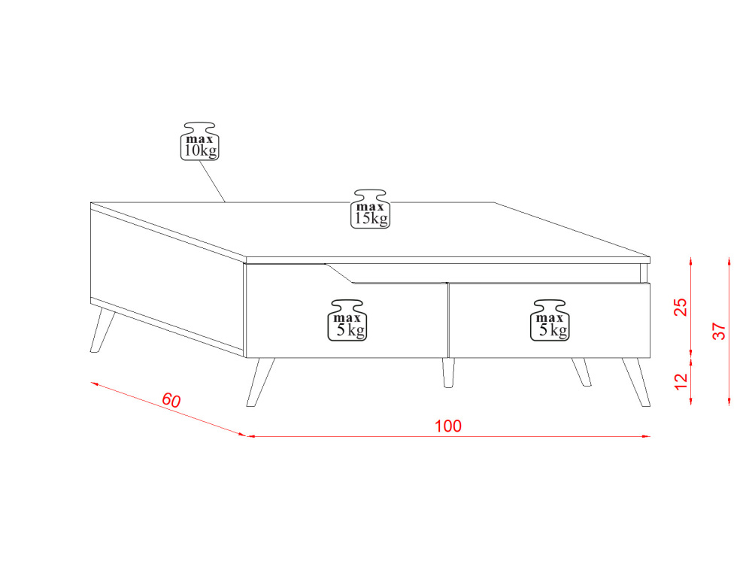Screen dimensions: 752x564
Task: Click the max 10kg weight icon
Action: pyautogui.click(x=199, y=141)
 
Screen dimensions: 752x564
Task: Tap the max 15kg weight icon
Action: pyautogui.click(x=370, y=209)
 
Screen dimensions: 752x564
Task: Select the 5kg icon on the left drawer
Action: pyautogui.click(x=347, y=321)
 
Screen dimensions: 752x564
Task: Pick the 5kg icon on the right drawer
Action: pyautogui.click(x=550, y=321)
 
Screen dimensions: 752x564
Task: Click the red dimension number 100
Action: pyautogui.click(x=448, y=426)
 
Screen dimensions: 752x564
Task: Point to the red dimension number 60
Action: pyautogui.click(x=171, y=400)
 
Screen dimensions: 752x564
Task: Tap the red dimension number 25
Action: pyautogui.click(x=681, y=307)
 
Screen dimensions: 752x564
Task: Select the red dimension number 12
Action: pyautogui.click(x=681, y=381)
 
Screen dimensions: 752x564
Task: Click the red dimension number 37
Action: pyautogui.click(x=720, y=331)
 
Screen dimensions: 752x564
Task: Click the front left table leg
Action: pyautogui.click(x=260, y=382)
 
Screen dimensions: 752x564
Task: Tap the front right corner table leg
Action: pyautogui.click(x=636, y=382)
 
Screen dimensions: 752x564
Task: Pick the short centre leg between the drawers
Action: pyautogui.click(x=448, y=373)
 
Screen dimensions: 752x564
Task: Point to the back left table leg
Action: pyautogui.click(x=102, y=331)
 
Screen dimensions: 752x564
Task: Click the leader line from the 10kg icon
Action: pyautogui.click(x=212, y=181)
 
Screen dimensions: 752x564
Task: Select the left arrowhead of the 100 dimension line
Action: pyautogui.click(x=251, y=436)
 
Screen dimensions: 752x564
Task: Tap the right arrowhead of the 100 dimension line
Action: pyautogui.click(x=646, y=436)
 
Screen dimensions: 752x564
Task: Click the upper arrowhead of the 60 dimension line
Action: pyautogui.click(x=95, y=384)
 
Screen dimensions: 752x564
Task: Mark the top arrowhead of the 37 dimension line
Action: pyautogui.click(x=729, y=262)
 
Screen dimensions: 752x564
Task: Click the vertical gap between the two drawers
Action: pyautogui.click(x=448, y=320)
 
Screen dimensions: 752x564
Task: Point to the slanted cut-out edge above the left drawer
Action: pyautogui.click(x=340, y=274)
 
